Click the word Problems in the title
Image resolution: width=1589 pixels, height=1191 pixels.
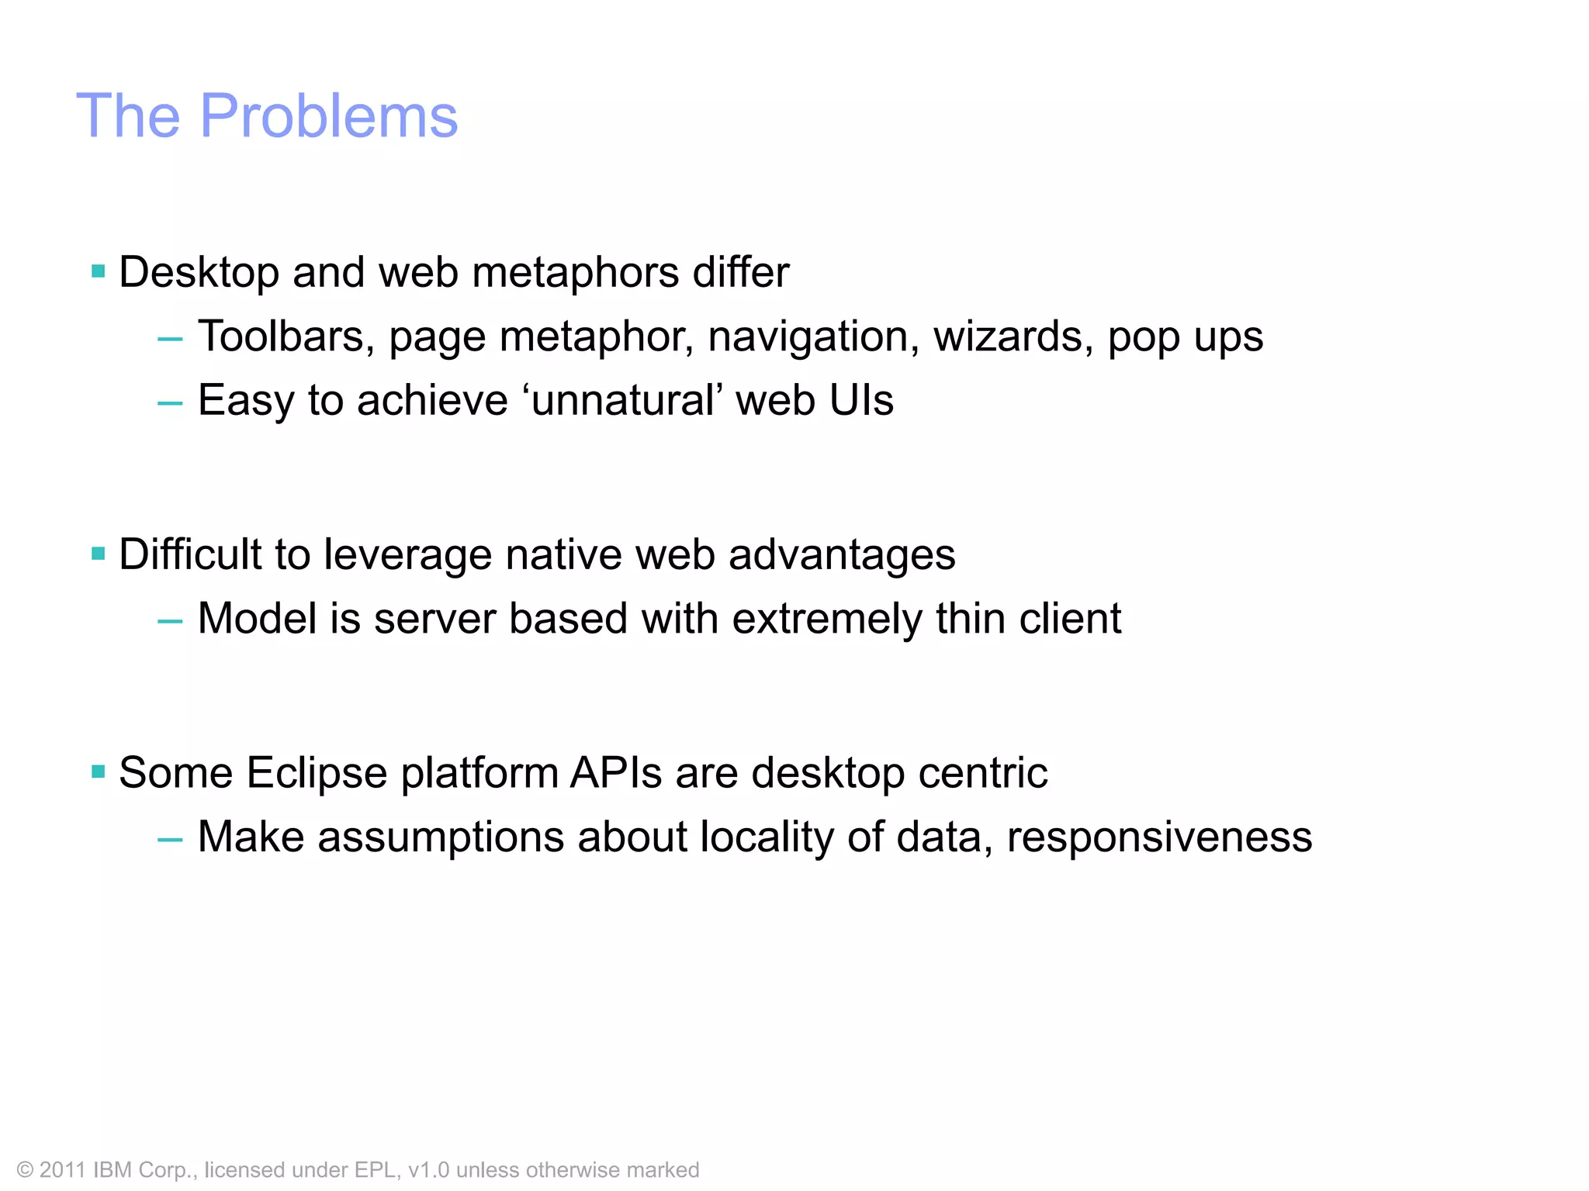[329, 116]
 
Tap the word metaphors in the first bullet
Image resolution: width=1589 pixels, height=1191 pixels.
[575, 273]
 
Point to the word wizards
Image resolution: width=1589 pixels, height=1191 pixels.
[1013, 337]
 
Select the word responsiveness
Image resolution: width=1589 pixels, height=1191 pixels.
[1159, 838]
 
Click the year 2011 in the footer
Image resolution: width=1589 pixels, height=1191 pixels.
[62, 1170]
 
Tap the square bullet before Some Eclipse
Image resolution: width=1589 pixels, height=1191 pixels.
[98, 772]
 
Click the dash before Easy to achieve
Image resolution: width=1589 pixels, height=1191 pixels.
[170, 402]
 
